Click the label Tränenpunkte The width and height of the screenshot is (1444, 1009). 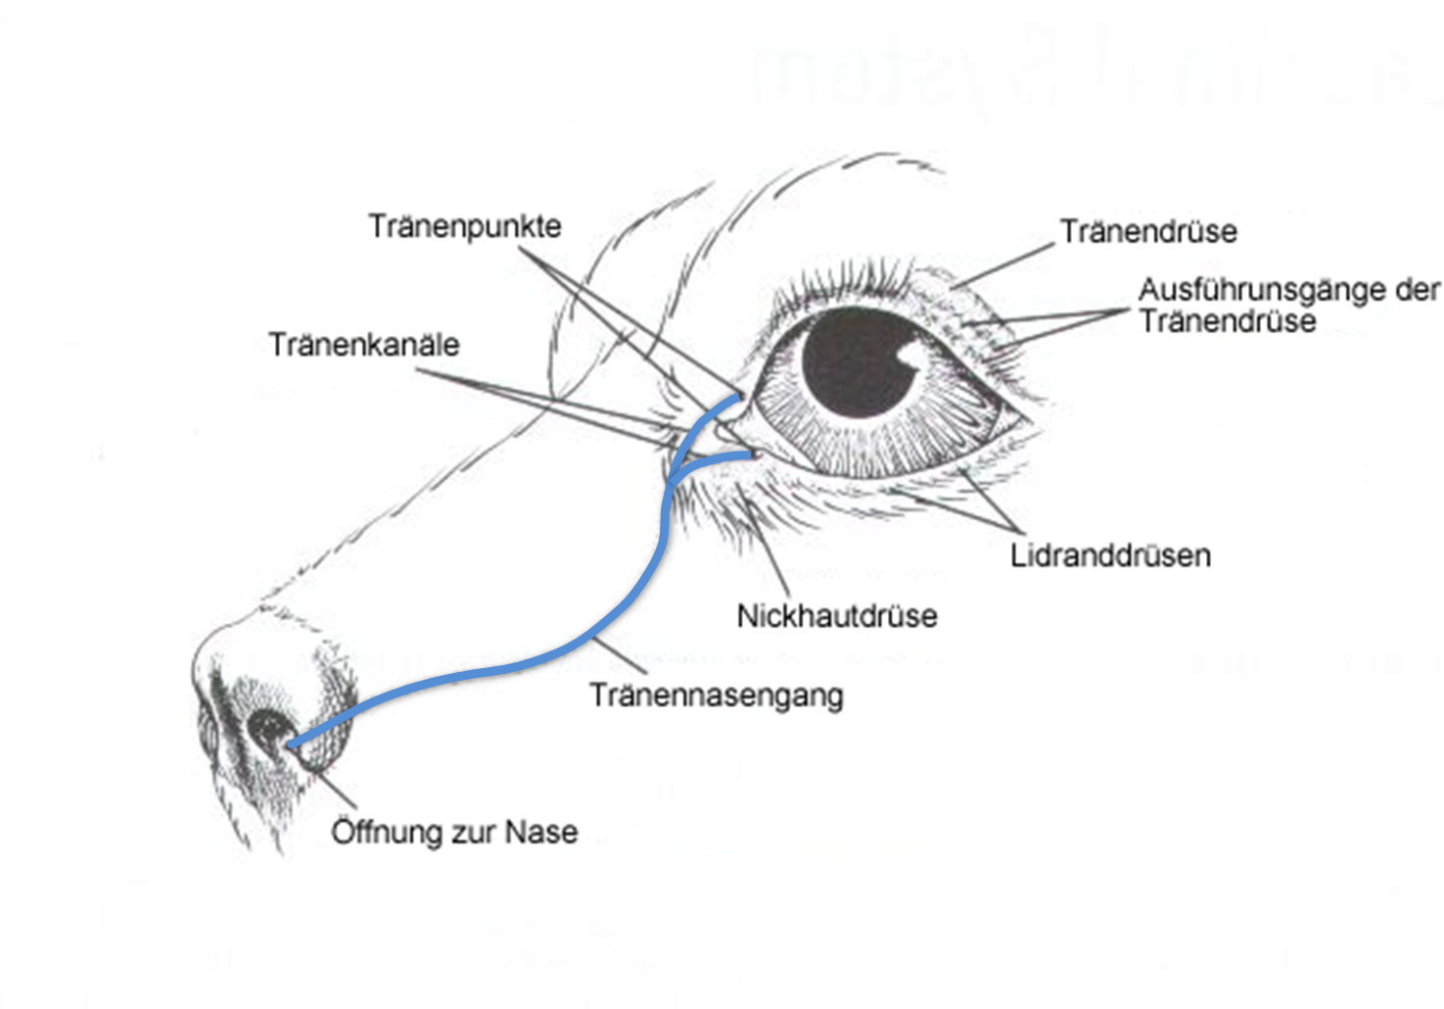point(465,226)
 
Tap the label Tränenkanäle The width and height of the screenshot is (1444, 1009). point(364,345)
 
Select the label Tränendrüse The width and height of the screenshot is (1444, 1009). point(1148,231)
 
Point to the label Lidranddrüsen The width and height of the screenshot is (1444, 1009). point(1110,555)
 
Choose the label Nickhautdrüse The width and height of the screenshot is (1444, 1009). point(837,616)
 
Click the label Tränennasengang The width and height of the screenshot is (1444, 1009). point(716,696)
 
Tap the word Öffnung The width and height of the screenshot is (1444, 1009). point(386,832)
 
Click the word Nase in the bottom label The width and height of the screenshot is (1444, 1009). point(541,832)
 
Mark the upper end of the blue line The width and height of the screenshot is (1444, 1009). point(737,398)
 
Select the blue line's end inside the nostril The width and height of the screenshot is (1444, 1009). point(291,745)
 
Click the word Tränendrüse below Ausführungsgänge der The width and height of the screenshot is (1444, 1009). point(1228,321)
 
